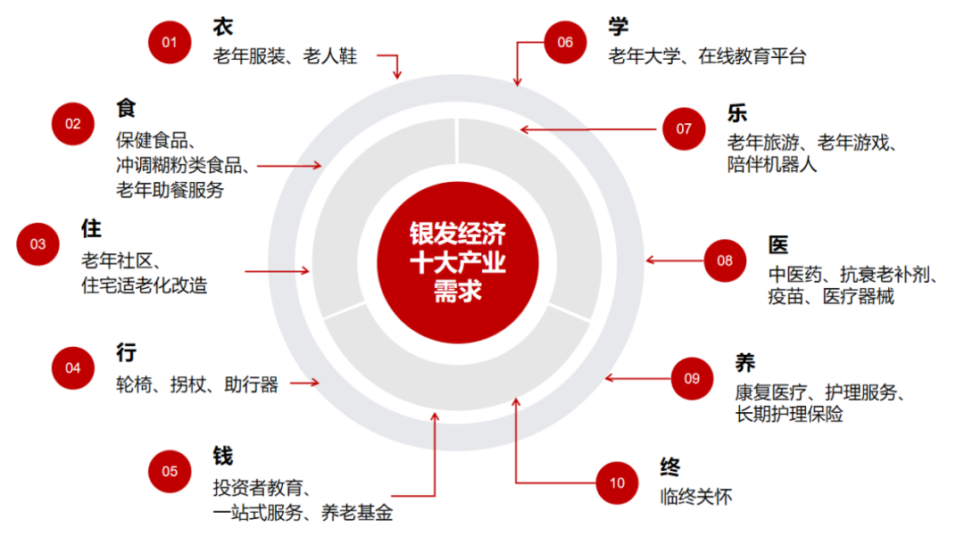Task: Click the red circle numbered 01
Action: pyautogui.click(x=170, y=42)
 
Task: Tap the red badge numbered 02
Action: pyautogui.click(x=72, y=124)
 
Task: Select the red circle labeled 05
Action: pyautogui.click(x=170, y=471)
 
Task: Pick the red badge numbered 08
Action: pyautogui.click(x=724, y=260)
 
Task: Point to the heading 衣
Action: pyautogui.click(x=223, y=26)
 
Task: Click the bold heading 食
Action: pyautogui.click(x=126, y=108)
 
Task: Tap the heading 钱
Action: pyautogui.click(x=223, y=456)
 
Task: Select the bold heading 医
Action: pyautogui.click(x=778, y=244)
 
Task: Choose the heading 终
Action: pyautogui.click(x=670, y=467)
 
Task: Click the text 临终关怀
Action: pyautogui.click(x=696, y=497)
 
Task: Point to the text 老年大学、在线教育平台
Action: pyautogui.click(x=707, y=57)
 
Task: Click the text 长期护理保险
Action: pyautogui.click(x=789, y=415)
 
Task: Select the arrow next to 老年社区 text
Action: pyautogui.click(x=278, y=270)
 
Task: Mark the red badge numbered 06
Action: pyautogui.click(x=565, y=42)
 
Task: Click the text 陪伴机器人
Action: pyautogui.click(x=772, y=165)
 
